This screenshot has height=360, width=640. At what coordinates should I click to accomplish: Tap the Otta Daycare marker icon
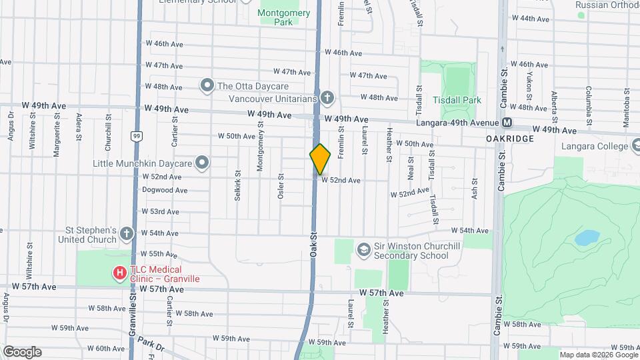pyautogui.click(x=207, y=85)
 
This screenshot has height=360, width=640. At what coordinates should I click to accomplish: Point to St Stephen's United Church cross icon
pyautogui.click(x=127, y=234)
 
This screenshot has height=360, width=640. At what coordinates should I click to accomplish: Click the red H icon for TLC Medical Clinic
pyautogui.click(x=119, y=273)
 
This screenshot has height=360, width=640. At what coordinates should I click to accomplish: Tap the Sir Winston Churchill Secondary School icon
pyautogui.click(x=363, y=250)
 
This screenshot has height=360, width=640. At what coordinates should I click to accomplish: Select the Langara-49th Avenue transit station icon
pyautogui.click(x=507, y=123)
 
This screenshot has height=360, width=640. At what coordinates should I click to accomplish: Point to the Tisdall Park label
pyautogui.click(x=457, y=100)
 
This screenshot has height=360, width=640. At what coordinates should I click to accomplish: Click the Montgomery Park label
pyautogui.click(x=283, y=17)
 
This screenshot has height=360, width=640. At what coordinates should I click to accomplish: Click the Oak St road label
pyautogui.click(x=311, y=246)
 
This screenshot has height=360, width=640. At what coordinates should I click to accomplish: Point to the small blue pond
pyautogui.click(x=587, y=237)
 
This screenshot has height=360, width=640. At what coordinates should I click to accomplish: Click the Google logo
pyautogui.click(x=22, y=352)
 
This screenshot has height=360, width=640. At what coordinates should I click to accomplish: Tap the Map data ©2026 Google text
pyautogui.click(x=597, y=355)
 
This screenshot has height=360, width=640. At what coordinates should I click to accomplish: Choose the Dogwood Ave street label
pyautogui.click(x=165, y=190)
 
